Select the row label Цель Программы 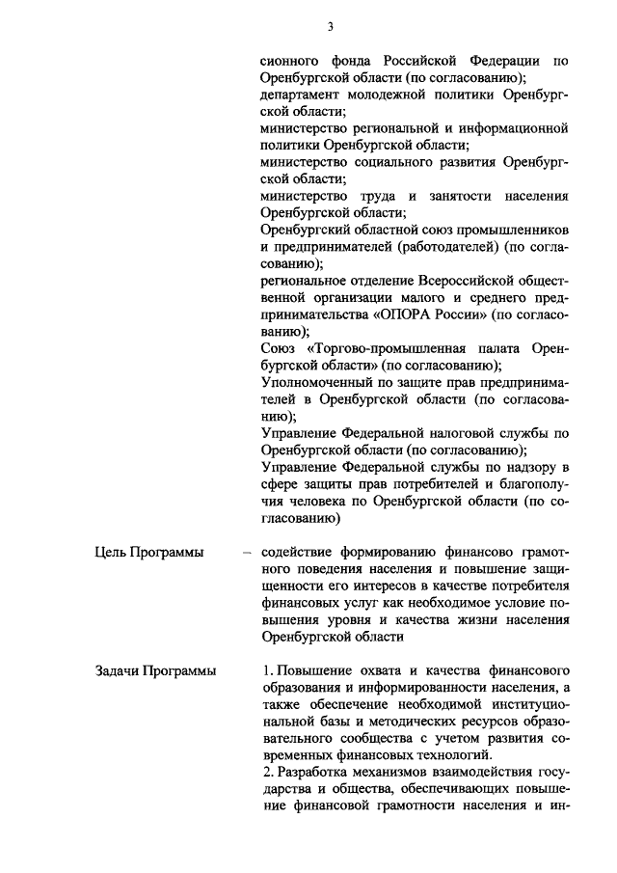148,552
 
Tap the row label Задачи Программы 154,669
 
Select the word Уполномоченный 316,384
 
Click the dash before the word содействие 248,553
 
